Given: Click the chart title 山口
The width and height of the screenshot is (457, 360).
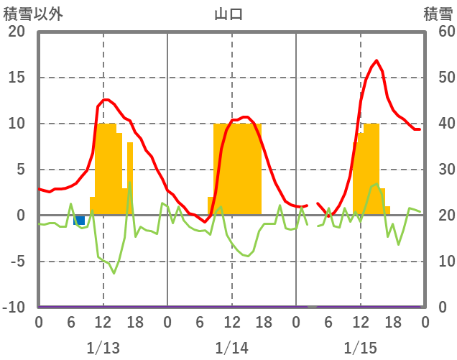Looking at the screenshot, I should [228, 13].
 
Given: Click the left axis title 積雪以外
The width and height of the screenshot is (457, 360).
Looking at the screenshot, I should [33, 13].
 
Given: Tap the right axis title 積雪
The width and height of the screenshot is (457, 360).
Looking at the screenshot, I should [438, 13].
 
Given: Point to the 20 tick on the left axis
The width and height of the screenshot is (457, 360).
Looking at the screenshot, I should [17, 32].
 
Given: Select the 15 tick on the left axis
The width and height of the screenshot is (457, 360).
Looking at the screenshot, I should [17, 78].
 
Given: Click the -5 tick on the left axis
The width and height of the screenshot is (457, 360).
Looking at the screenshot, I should [17, 262].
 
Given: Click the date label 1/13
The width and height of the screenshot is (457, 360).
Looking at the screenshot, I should [103, 348].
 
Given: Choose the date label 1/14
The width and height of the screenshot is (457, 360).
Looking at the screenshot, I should [231, 348].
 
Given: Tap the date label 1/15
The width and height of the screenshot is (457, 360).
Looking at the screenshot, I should [360, 348].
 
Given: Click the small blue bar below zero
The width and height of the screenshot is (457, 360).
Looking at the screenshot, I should [79, 220].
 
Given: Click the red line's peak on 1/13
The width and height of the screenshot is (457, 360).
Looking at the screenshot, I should [106, 99].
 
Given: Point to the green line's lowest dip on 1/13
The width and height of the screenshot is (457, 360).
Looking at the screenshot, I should [114, 273].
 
